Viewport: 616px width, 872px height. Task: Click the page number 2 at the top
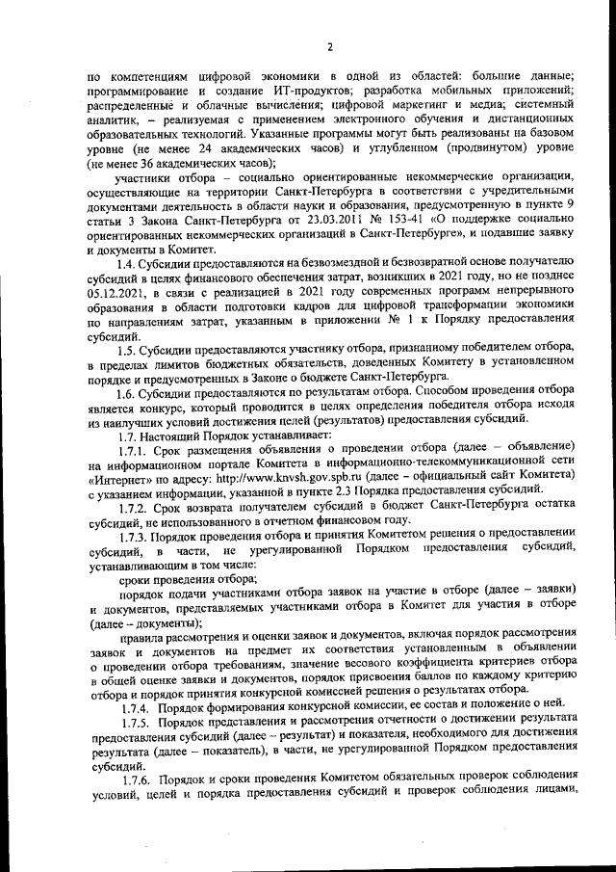pos(329,46)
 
